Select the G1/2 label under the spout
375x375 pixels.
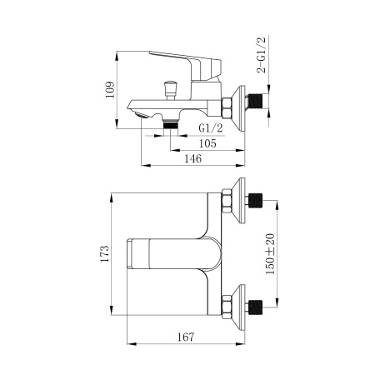210,128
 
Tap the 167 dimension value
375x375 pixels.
186,337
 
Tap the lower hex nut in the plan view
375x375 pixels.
227,305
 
